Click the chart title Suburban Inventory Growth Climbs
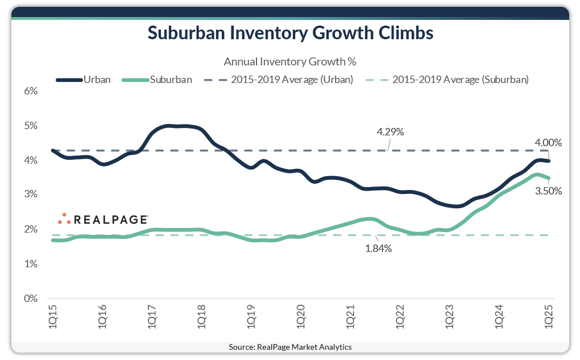pos(290,33)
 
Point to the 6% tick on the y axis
pos(31,91)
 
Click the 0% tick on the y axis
pos(31,299)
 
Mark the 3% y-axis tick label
pos(31,195)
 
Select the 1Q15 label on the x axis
pos(52,315)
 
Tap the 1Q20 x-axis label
pos(301,315)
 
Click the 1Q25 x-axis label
pos(549,315)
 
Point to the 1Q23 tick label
pos(450,315)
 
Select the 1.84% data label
pos(378,249)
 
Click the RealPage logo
pos(103,219)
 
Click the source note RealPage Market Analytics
pos(290,347)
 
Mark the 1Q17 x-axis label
pos(152,315)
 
